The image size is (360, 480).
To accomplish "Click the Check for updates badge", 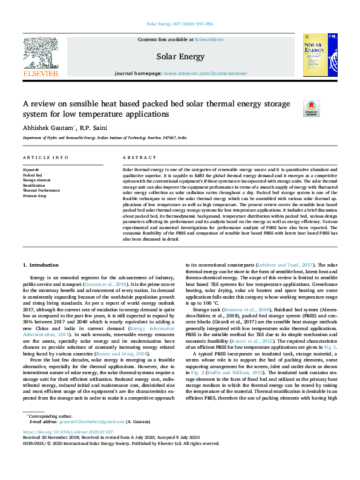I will point(310,108).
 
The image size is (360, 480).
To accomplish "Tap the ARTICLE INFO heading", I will point(45,157).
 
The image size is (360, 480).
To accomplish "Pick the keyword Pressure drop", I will point(34,196).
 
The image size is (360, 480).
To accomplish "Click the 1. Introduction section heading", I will point(41,265).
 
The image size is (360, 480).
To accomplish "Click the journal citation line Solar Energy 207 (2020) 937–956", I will point(180,25).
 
